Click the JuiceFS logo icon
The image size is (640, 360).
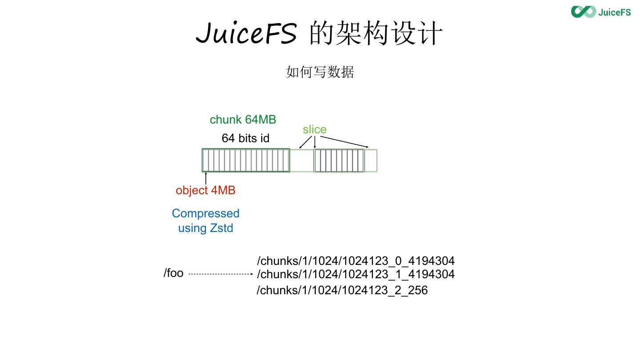(x=583, y=12)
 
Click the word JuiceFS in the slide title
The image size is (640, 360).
(x=246, y=33)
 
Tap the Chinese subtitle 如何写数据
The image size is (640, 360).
(x=320, y=72)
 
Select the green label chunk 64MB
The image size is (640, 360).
(x=243, y=120)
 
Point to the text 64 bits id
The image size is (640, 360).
(x=245, y=138)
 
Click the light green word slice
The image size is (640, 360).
(x=314, y=129)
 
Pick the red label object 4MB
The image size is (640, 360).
(x=205, y=190)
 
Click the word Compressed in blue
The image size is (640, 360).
(x=205, y=213)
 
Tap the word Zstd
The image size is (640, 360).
(x=221, y=228)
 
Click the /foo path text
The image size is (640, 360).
(x=173, y=273)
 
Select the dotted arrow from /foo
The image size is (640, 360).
(x=220, y=274)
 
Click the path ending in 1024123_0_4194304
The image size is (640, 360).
(x=356, y=261)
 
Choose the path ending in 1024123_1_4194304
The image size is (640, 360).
(x=356, y=274)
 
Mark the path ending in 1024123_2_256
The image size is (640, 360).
(x=342, y=290)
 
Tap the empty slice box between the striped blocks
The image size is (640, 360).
(x=302, y=160)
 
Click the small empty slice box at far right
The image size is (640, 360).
(x=371, y=160)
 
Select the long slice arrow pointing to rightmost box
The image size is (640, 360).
(x=344, y=141)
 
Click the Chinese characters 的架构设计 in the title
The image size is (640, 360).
(x=376, y=33)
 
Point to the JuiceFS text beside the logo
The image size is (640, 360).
(x=614, y=12)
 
